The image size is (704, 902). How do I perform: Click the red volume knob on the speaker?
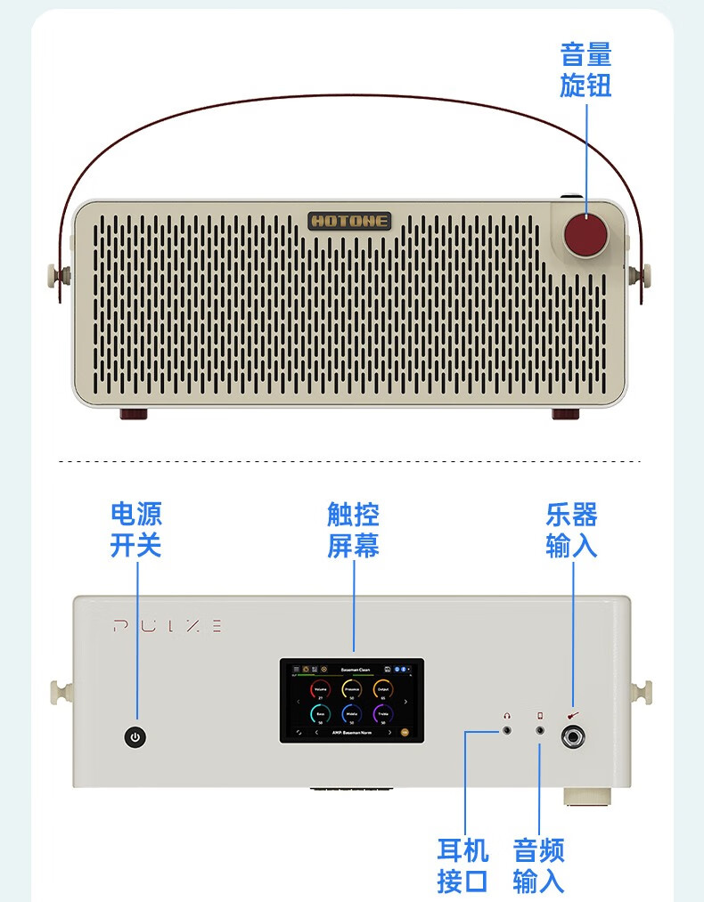tap(585, 234)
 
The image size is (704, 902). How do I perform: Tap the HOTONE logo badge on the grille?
tap(350, 220)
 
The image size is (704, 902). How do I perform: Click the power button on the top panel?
tap(135, 737)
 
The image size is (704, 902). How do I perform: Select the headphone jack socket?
tap(507, 731)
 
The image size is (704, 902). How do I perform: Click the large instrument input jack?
tap(571, 736)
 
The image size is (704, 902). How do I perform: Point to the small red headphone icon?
tap(507, 714)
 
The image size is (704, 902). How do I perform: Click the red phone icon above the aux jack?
tap(539, 714)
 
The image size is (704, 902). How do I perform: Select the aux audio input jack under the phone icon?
tap(539, 731)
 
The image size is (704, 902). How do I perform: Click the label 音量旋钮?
tap(585, 70)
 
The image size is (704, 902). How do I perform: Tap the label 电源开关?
tap(135, 529)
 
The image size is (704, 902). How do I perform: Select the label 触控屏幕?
tap(353, 529)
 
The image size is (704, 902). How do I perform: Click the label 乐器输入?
tap(571, 529)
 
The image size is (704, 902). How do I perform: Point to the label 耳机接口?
tap(463, 865)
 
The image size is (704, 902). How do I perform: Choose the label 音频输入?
tap(538, 865)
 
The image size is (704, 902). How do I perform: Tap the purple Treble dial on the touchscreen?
tap(382, 714)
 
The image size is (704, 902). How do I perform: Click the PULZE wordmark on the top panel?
tap(168, 626)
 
